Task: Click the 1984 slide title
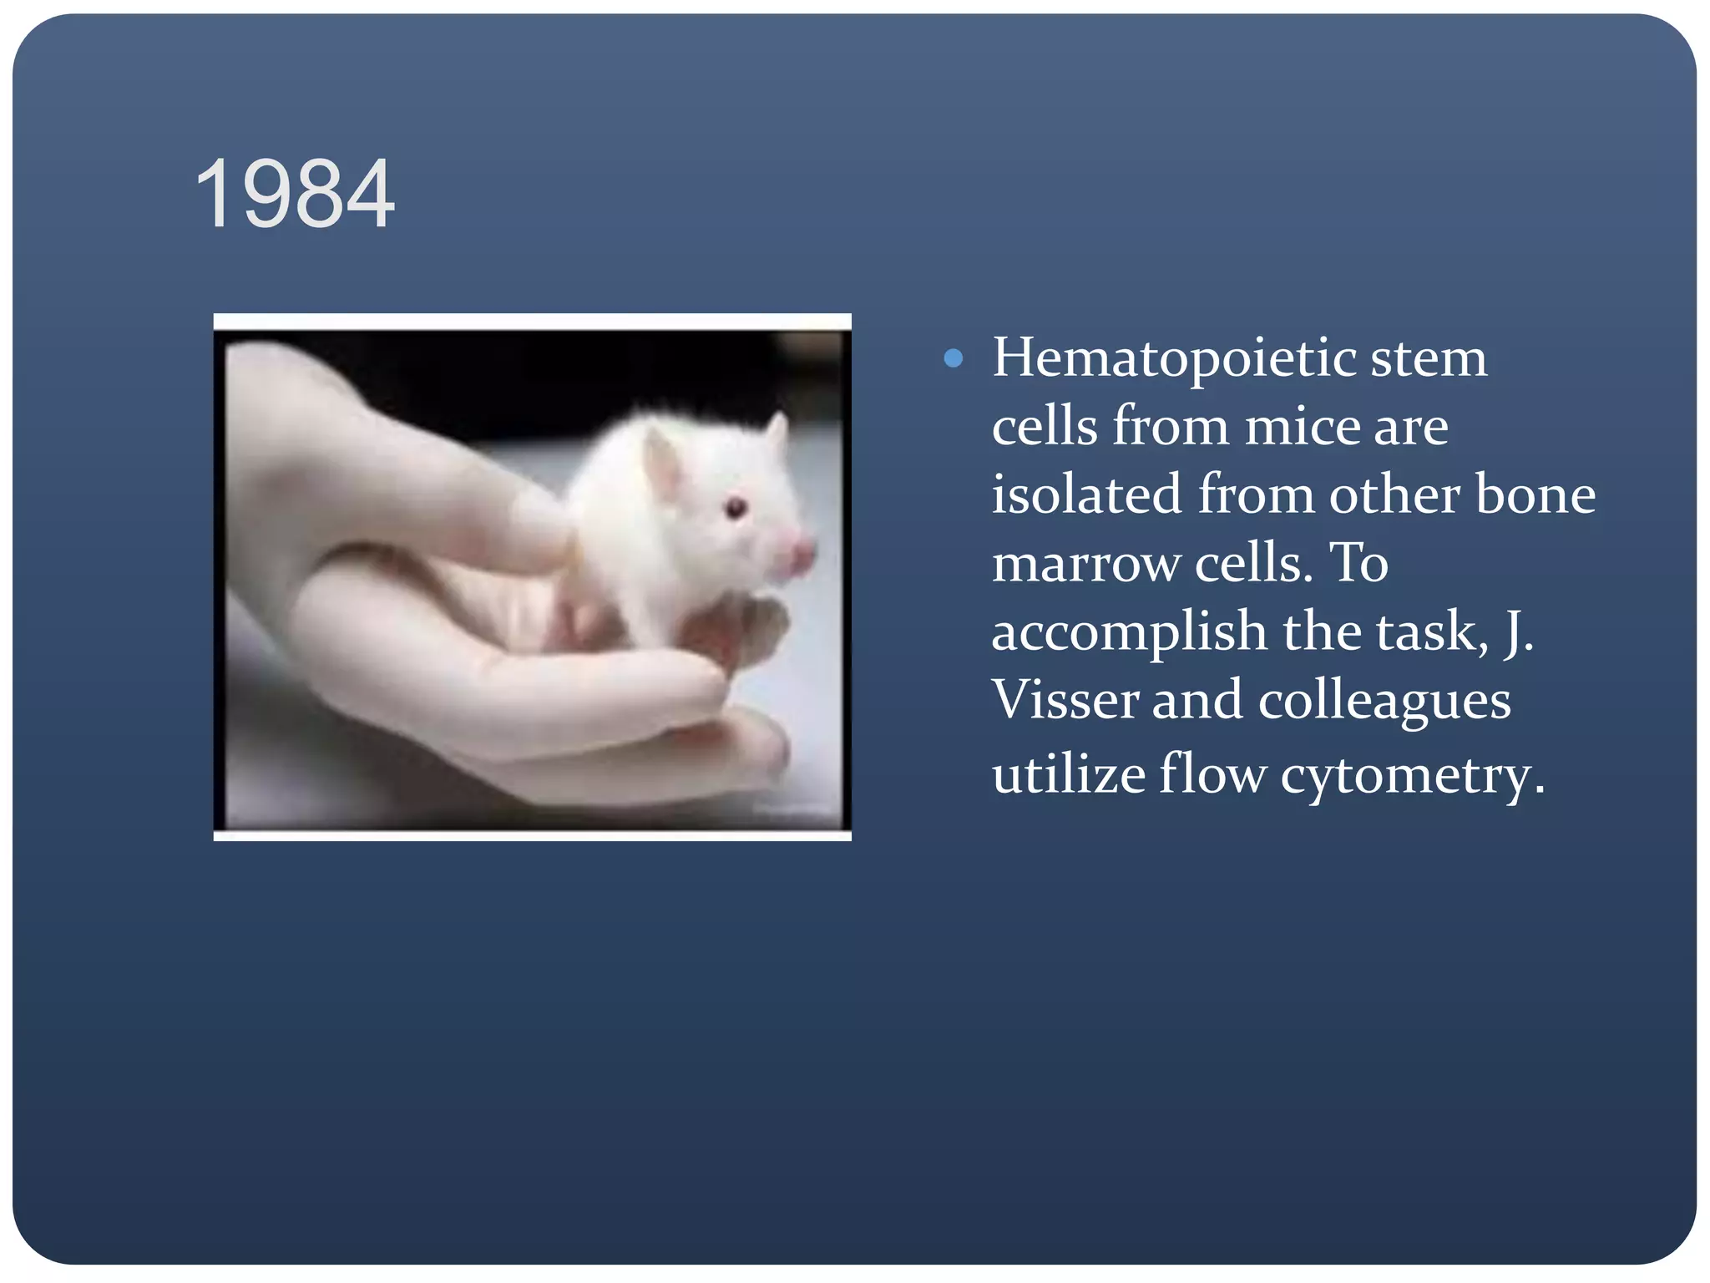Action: pyautogui.click(x=294, y=194)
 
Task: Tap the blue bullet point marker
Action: pyautogui.click(x=953, y=359)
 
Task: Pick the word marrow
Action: pyautogui.click(x=1085, y=564)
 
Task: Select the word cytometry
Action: pyautogui.click(x=1413, y=775)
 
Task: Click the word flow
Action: pyautogui.click(x=1212, y=773)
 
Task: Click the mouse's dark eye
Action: pyautogui.click(x=736, y=507)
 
